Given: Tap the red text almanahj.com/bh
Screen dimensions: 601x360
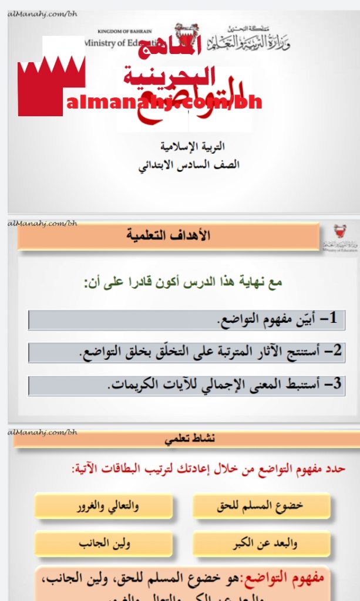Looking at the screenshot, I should [164, 103].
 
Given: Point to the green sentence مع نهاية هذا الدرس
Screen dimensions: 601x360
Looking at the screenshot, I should [184, 282].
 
